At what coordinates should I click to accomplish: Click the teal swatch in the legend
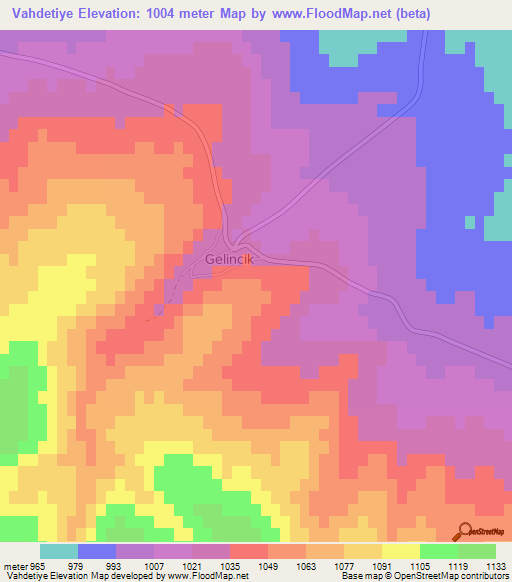click(59, 552)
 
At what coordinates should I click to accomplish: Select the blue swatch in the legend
click(97, 552)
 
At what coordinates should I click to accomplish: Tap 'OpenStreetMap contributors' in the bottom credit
click(466, 576)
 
